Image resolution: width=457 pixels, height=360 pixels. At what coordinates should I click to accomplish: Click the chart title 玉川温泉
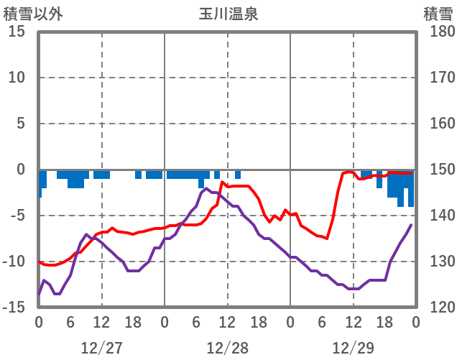[x=228, y=14]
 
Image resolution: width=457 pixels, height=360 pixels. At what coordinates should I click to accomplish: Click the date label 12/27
[x=102, y=349]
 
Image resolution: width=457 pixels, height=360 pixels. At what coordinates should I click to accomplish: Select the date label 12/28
[x=228, y=349]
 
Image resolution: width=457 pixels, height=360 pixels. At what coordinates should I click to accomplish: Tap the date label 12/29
[x=354, y=349]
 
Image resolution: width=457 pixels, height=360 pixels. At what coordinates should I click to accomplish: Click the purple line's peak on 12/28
[x=206, y=188]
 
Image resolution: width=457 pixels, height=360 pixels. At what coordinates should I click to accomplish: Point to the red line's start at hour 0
[x=40, y=262]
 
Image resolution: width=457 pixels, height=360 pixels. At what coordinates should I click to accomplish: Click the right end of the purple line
[x=411, y=225]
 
